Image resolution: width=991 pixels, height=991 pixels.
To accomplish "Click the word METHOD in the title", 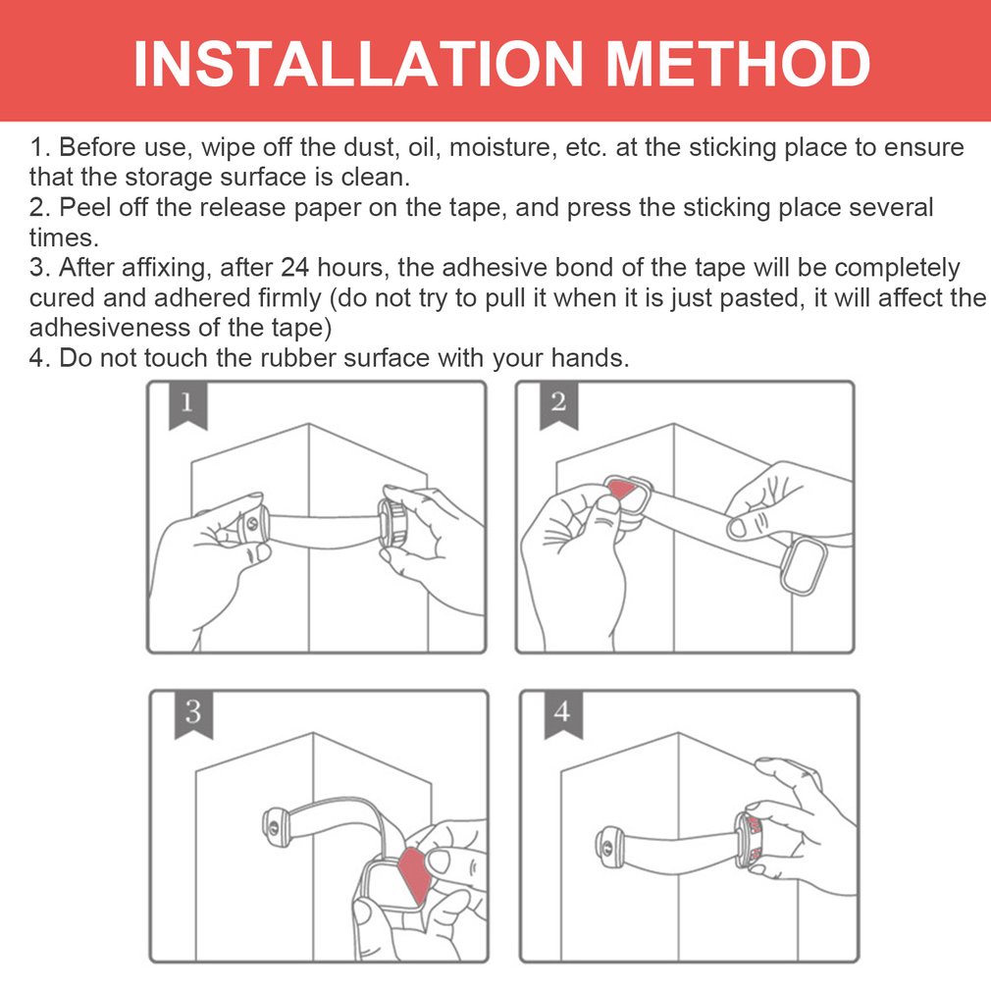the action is click(738, 63).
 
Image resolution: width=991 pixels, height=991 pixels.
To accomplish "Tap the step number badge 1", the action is click(187, 405).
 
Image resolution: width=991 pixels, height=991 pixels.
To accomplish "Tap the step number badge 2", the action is click(558, 405).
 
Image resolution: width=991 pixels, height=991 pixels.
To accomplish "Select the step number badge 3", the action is click(193, 714).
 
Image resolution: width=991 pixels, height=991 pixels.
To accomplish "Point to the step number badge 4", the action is click(563, 714).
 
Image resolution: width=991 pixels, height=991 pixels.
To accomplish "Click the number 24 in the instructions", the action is click(295, 267).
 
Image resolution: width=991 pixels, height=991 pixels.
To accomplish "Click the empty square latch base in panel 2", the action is click(804, 564).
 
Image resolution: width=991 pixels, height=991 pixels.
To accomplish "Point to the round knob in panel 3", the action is click(276, 827).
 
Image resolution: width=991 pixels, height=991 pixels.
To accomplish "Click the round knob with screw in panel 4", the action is click(608, 846).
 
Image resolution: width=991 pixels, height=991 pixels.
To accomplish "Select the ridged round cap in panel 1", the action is click(392, 521).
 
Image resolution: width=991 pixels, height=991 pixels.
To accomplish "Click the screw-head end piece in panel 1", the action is click(254, 524).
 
